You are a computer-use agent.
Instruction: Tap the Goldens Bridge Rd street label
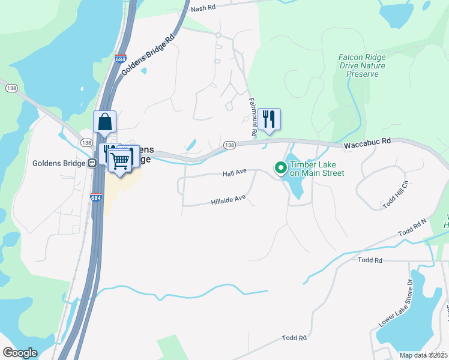coord(148,55)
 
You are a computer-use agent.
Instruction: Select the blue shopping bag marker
coord(105,122)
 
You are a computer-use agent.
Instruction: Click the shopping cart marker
coord(121,160)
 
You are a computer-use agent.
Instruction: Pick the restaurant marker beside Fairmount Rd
coord(270,119)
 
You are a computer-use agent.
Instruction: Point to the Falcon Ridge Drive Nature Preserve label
coord(362,65)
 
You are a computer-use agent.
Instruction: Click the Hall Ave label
coord(235,173)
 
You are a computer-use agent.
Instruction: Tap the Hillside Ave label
coord(229,199)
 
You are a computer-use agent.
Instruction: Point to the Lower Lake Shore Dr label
coord(396,303)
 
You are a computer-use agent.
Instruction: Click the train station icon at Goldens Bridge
coord(92,163)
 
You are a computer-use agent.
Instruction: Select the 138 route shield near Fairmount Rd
coord(229,145)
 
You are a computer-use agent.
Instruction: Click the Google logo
coord(20,353)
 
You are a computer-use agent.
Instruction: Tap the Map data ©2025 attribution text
coord(424,355)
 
